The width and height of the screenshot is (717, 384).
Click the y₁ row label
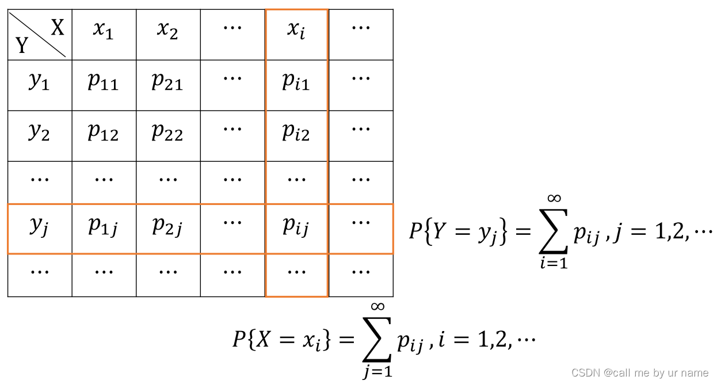pyautogui.click(x=39, y=82)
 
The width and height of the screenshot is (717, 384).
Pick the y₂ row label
pyautogui.click(x=39, y=132)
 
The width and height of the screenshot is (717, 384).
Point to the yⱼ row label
pyautogui.click(x=39, y=227)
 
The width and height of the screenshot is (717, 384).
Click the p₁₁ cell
pyautogui.click(x=104, y=82)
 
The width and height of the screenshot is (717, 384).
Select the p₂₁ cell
pyautogui.click(x=167, y=82)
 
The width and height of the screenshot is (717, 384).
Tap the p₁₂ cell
pyautogui.click(x=104, y=132)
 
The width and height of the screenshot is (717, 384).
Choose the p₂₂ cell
pyautogui.click(x=167, y=132)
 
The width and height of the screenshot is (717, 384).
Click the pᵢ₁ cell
pyautogui.click(x=296, y=82)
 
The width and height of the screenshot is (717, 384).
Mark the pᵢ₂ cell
pyautogui.click(x=296, y=132)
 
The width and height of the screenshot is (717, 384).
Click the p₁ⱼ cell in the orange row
pyautogui.click(x=104, y=227)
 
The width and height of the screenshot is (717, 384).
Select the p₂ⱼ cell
pyautogui.click(x=167, y=227)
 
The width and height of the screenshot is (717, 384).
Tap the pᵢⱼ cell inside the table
pyautogui.click(x=296, y=227)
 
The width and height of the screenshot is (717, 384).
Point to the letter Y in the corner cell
pyautogui.click(x=22, y=45)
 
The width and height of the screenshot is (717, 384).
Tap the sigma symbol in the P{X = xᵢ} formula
pyautogui.click(x=377, y=340)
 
